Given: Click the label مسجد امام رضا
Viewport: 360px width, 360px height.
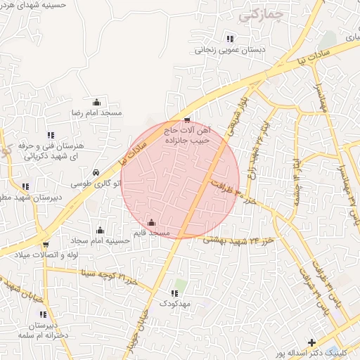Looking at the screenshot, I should (96, 112).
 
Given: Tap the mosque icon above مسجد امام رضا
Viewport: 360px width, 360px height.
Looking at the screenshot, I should (96, 103).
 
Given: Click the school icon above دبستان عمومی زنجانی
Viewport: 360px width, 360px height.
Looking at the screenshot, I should (230, 39).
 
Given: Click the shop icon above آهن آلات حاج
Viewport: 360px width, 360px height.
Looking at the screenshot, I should (186, 120).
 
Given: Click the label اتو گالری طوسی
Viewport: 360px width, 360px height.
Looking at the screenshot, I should (96, 183).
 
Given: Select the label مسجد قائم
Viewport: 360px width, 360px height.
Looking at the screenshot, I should (152, 232).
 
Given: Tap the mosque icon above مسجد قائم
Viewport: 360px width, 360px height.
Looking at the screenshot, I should (152, 222).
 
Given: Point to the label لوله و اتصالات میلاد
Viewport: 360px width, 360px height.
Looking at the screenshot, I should (45, 255).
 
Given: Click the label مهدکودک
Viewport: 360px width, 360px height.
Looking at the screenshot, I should (174, 303).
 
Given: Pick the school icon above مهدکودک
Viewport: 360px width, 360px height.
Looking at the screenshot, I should (174, 293).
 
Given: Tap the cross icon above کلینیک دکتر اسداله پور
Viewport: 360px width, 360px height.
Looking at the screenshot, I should (311, 342).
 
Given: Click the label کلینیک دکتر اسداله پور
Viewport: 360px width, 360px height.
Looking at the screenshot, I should (311, 353).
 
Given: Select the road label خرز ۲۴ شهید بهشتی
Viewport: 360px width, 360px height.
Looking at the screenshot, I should (238, 240).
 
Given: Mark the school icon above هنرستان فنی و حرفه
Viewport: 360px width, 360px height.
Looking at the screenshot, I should (50, 135).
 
